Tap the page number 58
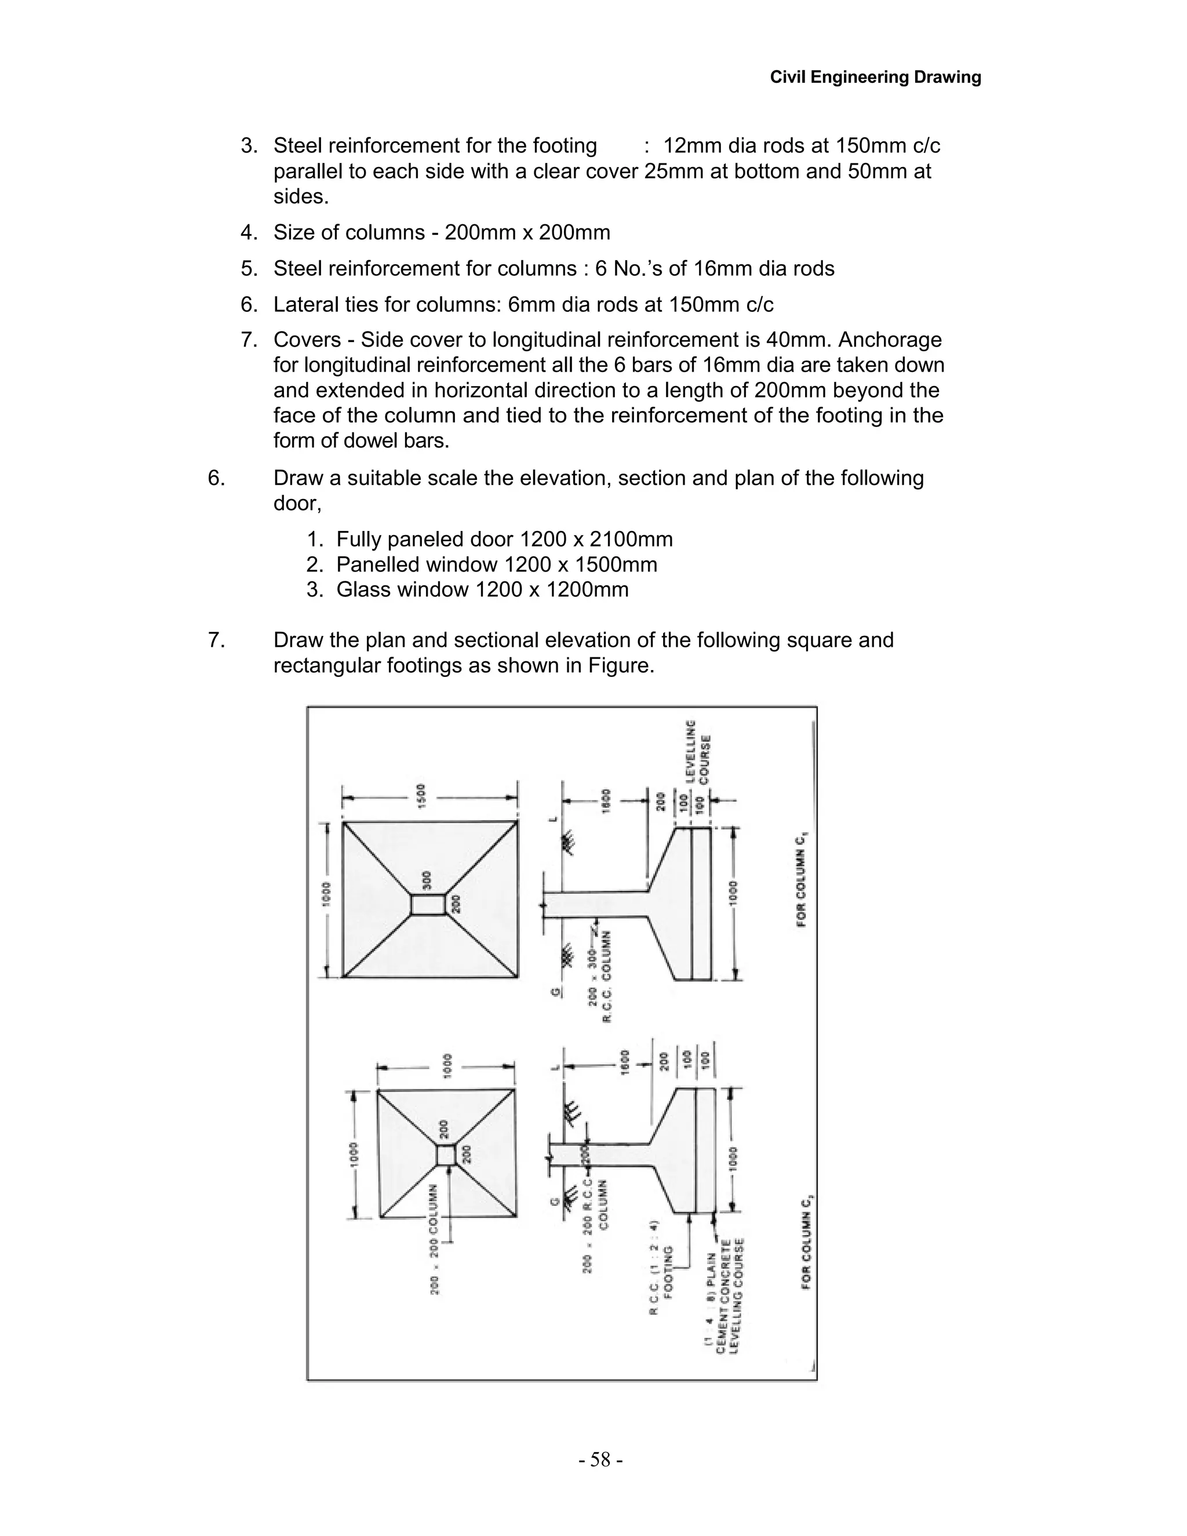(x=600, y=1459)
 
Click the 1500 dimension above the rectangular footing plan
(x=421, y=798)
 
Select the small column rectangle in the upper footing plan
(x=428, y=904)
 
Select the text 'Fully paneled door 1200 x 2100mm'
(x=504, y=540)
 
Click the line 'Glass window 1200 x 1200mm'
(x=482, y=589)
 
